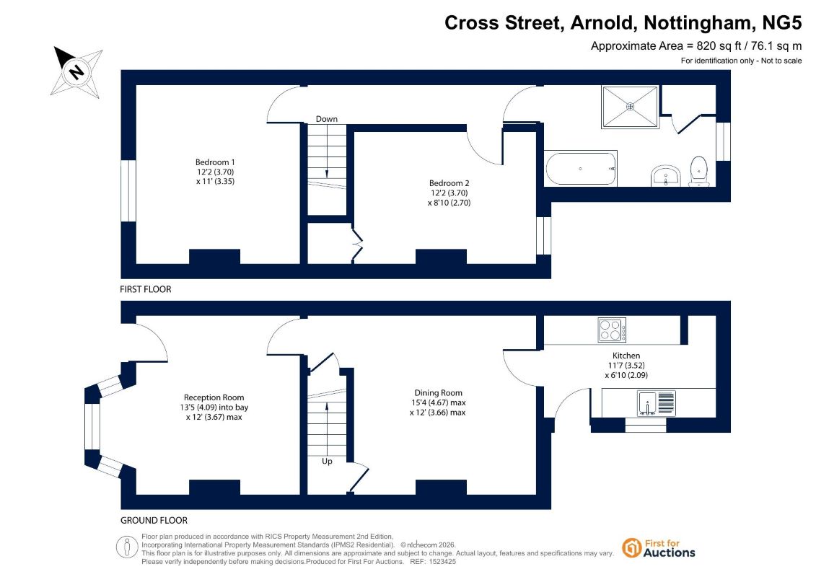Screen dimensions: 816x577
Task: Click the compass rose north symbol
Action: pyautogui.click(x=76, y=71)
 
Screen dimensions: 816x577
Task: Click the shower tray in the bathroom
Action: pyautogui.click(x=630, y=107)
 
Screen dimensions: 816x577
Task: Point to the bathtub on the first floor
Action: pyautogui.click(x=580, y=169)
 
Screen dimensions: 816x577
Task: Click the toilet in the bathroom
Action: pyautogui.click(x=698, y=171)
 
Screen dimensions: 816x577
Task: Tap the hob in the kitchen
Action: pyautogui.click(x=612, y=330)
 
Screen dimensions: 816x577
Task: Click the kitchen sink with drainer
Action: pyautogui.click(x=657, y=403)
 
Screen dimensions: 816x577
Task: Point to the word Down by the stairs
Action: pyautogui.click(x=327, y=119)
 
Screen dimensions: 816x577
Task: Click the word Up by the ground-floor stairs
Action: pyautogui.click(x=327, y=462)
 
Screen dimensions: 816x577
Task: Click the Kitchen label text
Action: pyautogui.click(x=626, y=356)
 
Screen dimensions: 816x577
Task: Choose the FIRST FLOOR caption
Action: pyautogui.click(x=146, y=289)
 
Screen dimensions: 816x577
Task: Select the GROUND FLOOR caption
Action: pyautogui.click(x=154, y=520)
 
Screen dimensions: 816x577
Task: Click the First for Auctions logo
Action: pyautogui.click(x=659, y=548)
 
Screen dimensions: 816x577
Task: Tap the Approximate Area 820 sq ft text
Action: pyautogui.click(x=696, y=45)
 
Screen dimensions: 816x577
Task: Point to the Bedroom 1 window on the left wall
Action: pyautogui.click(x=128, y=191)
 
